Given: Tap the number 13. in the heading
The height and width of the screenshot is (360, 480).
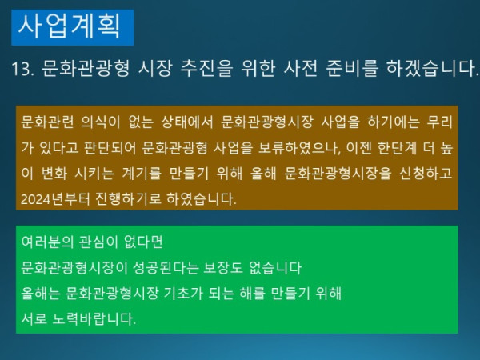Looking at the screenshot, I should click(x=24, y=70).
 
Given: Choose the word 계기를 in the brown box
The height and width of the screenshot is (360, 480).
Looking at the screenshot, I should click(x=132, y=172).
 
